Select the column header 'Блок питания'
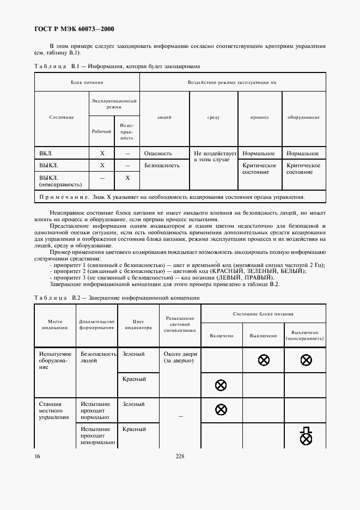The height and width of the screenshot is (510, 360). click(87, 82)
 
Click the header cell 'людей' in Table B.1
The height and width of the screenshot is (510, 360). click(164, 117)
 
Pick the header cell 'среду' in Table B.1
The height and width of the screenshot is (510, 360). click(213, 117)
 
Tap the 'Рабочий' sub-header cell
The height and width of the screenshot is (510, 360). click(102, 132)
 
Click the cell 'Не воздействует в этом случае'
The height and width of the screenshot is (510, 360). click(215, 157)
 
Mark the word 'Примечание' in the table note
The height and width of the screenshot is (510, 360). click(64, 197)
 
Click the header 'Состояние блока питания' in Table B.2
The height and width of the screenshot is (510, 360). click(263, 314)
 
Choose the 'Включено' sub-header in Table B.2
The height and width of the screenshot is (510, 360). click(221, 336)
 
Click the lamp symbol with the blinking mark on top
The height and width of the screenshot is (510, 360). click(306, 434)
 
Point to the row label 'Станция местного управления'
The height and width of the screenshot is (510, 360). click(54, 411)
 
